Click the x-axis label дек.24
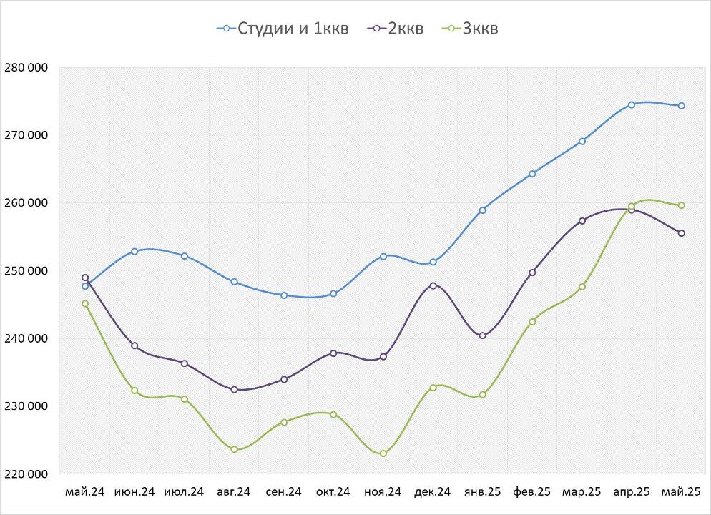(x=433, y=492)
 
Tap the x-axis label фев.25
(x=532, y=492)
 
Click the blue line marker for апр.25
(x=632, y=104)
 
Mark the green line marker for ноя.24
(x=383, y=453)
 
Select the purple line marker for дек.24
(x=433, y=285)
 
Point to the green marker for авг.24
(x=234, y=449)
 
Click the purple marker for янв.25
(x=483, y=335)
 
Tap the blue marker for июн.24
(x=134, y=251)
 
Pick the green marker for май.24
(x=85, y=303)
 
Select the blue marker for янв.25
(x=483, y=210)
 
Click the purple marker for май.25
(x=681, y=233)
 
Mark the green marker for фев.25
(x=532, y=322)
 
